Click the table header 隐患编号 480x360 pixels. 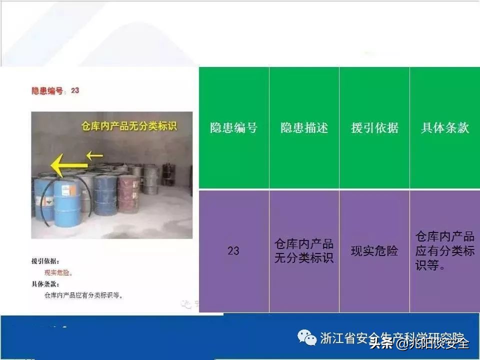coord(233,128)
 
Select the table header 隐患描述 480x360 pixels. coord(304,128)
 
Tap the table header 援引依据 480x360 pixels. coord(374,128)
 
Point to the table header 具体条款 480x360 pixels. coord(444,128)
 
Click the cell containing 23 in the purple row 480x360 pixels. coord(233,251)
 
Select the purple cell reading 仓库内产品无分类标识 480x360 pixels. coord(304,251)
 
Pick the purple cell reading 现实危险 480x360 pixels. coord(374,251)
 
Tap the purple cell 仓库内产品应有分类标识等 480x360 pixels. coord(444,251)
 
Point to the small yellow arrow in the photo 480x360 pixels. coord(94,155)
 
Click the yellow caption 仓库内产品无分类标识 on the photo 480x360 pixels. coord(129,126)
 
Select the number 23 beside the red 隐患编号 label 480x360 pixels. coord(75,90)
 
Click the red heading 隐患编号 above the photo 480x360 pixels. coord(48,91)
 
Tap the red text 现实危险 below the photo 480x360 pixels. coord(58,273)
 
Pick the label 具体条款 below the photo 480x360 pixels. coord(45,284)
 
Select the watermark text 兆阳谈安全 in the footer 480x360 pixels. coord(438,343)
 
